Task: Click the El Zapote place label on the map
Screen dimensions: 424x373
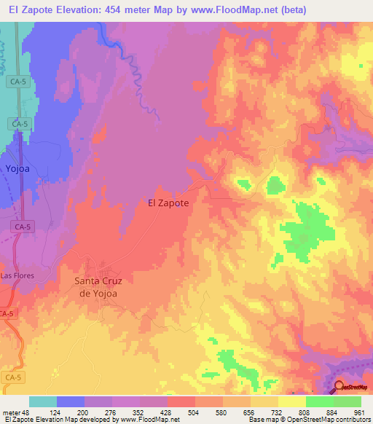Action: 168,204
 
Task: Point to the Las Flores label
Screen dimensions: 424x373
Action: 17,276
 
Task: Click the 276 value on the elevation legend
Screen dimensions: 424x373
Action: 112,412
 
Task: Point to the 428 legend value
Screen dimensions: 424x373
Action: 168,412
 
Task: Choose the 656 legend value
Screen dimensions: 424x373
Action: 251,412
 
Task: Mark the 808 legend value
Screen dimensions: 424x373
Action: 306,412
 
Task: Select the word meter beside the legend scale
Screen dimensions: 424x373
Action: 12,412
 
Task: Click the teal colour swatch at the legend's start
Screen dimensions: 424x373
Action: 43,401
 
